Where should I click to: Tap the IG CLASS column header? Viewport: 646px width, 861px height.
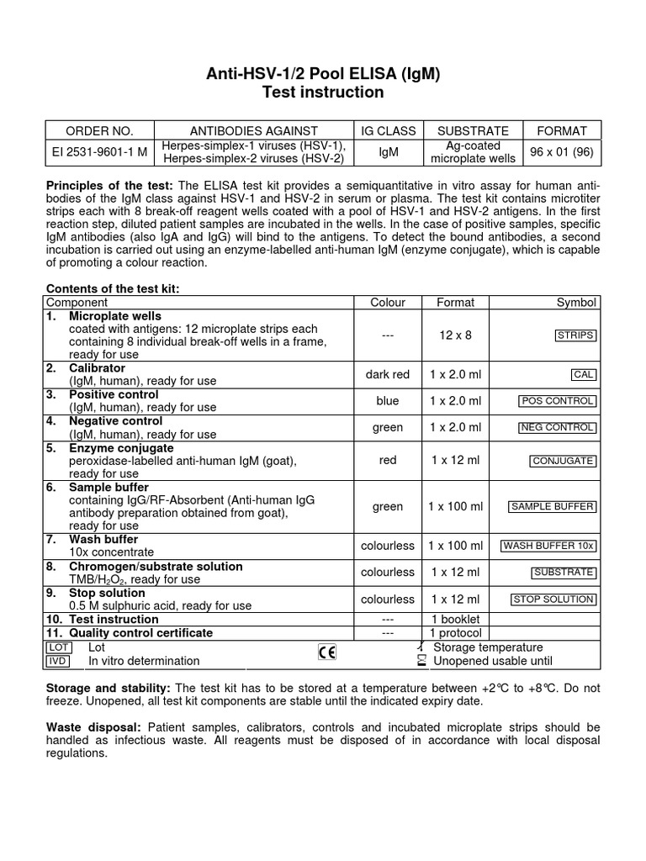389,130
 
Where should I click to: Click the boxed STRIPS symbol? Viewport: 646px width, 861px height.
575,335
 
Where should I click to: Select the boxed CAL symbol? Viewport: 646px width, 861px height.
583,375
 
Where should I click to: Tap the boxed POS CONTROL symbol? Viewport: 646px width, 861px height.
558,401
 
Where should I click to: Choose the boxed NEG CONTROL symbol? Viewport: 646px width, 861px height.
558,428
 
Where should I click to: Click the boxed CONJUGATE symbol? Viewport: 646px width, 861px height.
563,461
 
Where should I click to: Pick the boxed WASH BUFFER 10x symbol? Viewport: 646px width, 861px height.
548,546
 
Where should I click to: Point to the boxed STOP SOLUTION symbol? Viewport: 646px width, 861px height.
553,600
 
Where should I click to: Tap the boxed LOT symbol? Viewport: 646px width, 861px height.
58,647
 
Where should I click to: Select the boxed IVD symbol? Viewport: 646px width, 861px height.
58,661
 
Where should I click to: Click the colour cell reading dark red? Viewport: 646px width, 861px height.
388,375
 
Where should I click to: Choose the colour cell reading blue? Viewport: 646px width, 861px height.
388,401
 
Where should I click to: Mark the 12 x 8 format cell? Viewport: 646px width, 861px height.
455,335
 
